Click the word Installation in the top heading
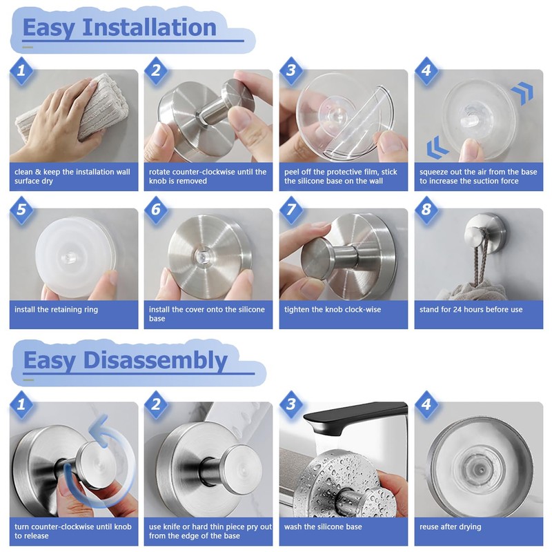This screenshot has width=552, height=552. (149, 28)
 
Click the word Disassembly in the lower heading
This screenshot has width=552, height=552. (155, 360)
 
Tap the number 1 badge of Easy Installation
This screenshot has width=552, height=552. (21, 71)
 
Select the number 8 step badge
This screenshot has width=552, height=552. (426, 210)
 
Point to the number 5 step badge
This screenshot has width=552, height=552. (21, 210)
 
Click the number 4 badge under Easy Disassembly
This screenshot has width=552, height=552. (426, 404)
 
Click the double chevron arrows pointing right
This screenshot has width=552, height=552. (522, 92)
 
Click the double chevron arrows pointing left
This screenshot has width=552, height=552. (437, 148)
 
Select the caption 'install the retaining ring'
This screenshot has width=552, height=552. (57, 310)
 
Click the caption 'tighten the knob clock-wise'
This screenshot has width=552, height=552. (333, 310)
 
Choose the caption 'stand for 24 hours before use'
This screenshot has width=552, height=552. (471, 310)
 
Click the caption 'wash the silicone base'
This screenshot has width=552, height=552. (323, 527)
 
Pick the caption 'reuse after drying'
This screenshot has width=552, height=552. (451, 527)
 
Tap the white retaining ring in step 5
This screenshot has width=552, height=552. (74, 257)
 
